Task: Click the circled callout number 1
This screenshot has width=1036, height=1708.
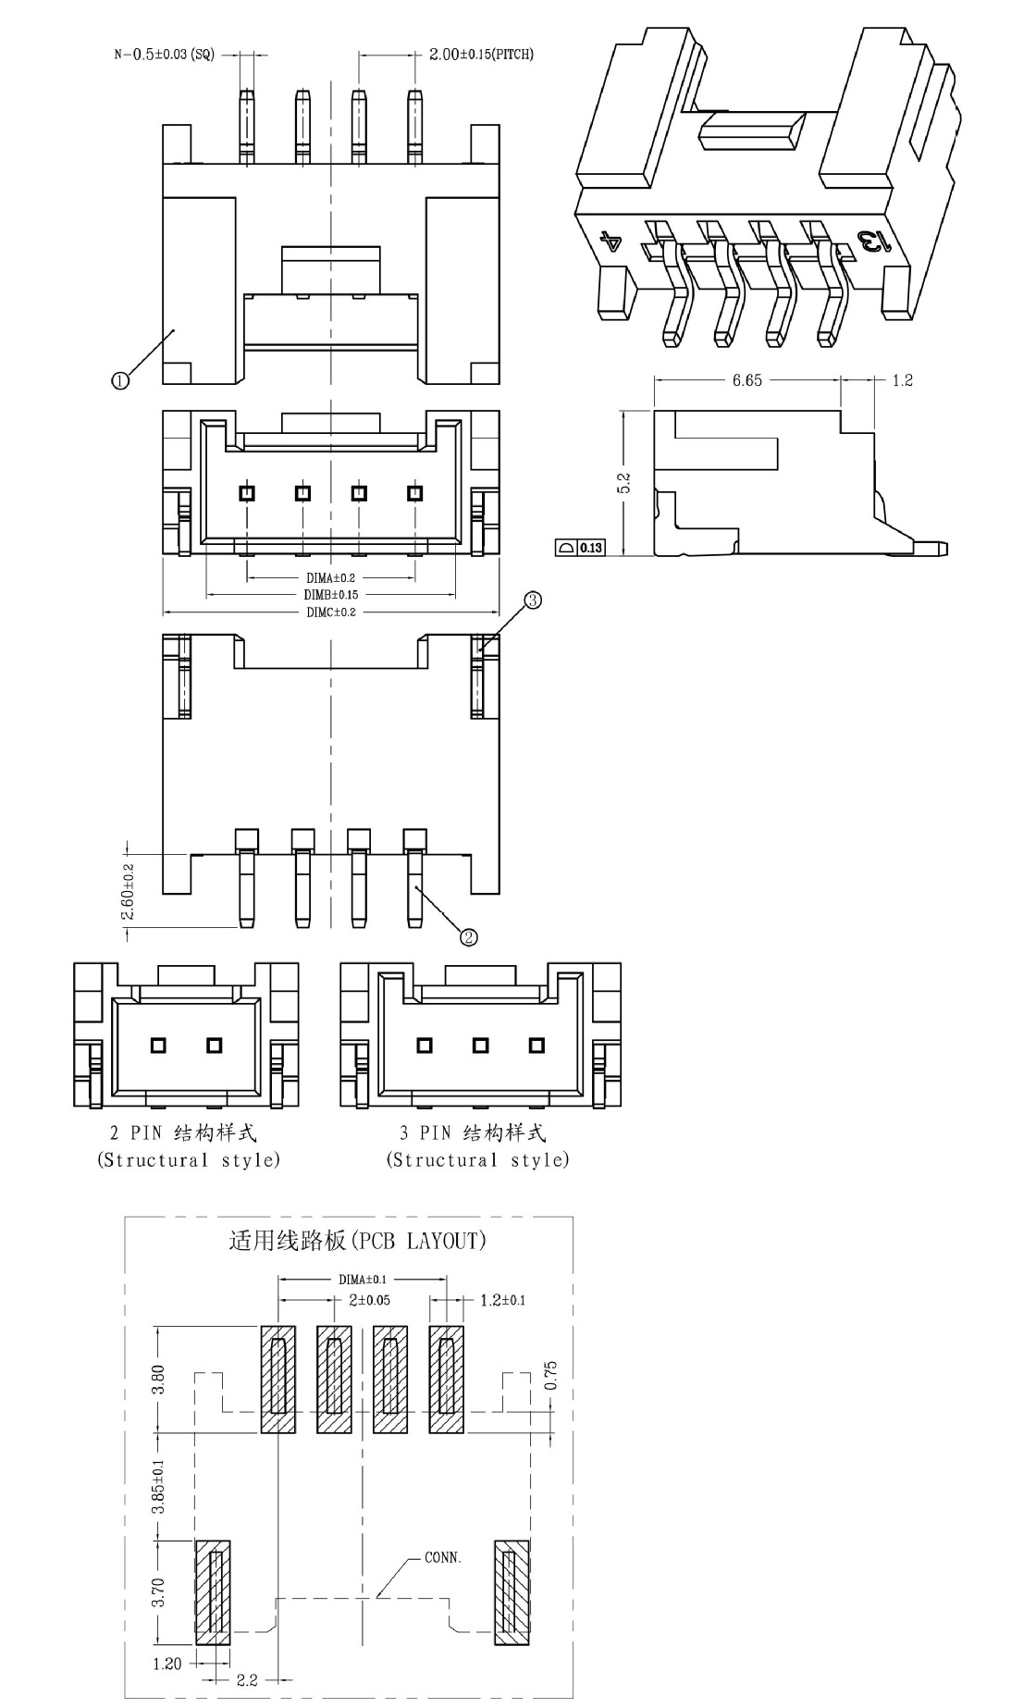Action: (x=120, y=379)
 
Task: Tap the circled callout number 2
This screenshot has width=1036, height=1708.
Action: (x=469, y=937)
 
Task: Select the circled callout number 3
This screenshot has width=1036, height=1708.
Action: (x=533, y=600)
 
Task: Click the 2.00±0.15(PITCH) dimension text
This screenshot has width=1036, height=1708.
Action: (x=481, y=54)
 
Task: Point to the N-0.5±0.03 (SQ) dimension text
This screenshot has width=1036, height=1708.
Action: (x=164, y=54)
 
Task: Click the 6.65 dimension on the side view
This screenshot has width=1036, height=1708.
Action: (x=747, y=380)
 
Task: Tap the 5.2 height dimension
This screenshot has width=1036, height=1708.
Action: (x=623, y=482)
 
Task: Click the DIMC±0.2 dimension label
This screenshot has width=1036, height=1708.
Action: (x=331, y=612)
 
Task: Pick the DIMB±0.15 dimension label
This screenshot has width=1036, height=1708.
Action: (x=331, y=594)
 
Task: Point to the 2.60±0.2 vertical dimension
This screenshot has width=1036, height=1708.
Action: (x=128, y=892)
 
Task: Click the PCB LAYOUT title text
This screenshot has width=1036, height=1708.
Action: (x=357, y=1241)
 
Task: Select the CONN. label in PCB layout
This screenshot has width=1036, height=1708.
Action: (x=443, y=1557)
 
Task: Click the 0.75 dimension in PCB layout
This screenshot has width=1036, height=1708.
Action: (x=551, y=1375)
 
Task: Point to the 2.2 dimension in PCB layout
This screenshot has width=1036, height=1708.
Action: (x=247, y=1680)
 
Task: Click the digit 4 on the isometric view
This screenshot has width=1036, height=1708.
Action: (x=611, y=242)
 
